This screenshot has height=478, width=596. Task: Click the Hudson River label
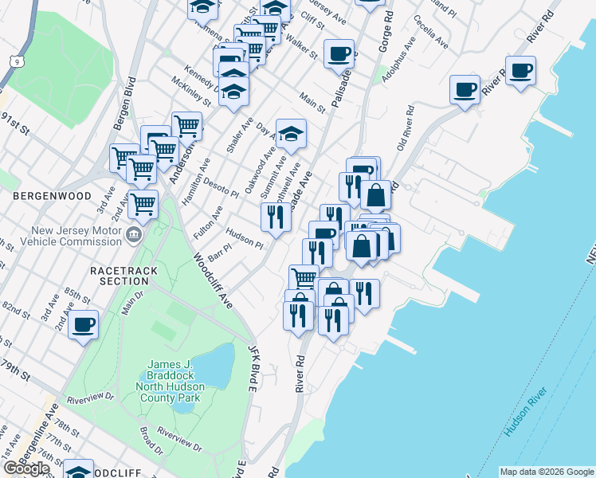coord(525,413)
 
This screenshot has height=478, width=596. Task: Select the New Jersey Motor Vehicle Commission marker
coord(133,235)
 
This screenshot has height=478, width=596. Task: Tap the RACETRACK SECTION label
coord(124,276)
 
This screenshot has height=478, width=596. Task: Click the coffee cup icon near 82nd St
coord(84,325)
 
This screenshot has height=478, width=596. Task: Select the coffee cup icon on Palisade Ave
coord(339,54)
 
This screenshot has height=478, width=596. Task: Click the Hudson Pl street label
coord(245,237)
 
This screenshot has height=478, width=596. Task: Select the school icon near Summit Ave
coord(292,134)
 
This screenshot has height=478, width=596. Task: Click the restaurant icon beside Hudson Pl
coord(276,217)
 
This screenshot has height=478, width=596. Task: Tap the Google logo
coord(27,468)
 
